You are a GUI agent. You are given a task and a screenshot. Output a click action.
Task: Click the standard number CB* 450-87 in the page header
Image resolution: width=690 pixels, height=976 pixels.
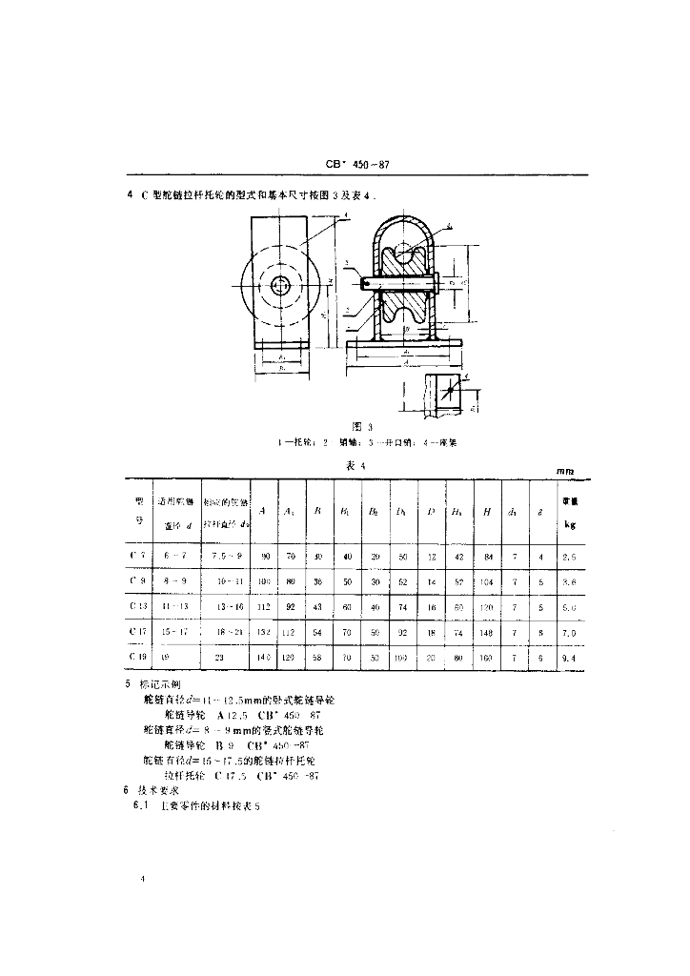point(357,165)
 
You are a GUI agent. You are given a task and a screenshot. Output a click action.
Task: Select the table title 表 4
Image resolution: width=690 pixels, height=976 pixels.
point(356,464)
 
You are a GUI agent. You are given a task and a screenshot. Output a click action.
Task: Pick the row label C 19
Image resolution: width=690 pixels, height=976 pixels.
point(138,656)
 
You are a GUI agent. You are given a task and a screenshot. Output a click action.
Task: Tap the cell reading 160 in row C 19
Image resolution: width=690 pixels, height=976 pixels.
point(487,656)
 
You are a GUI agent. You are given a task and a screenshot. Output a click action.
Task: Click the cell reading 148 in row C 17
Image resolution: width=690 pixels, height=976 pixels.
point(487,630)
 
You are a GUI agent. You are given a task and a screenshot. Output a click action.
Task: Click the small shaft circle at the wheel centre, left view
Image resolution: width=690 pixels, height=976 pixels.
point(281,284)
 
